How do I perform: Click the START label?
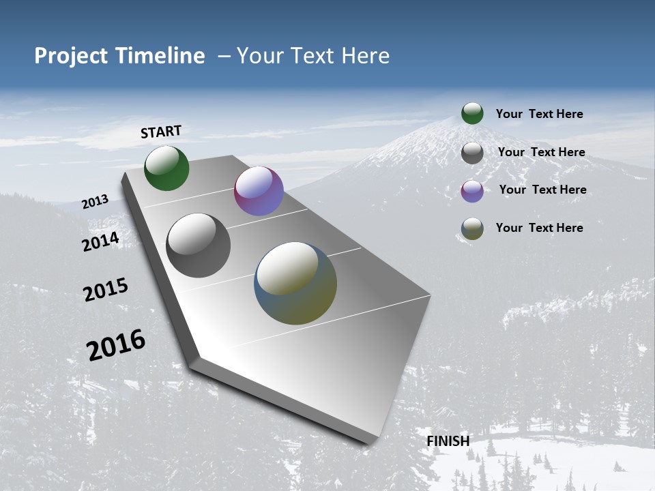(161, 132)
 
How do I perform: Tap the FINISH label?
(448, 441)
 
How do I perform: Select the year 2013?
(95, 202)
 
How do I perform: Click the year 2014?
(101, 241)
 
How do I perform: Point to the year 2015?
(106, 290)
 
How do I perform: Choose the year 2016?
(116, 345)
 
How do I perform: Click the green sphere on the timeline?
(166, 168)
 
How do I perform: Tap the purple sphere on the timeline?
(259, 191)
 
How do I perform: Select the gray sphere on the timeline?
(199, 245)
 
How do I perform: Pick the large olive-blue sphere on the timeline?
(295, 283)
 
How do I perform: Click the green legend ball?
(472, 114)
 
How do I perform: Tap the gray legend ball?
(472, 153)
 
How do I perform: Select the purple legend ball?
(472, 191)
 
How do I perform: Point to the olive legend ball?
(472, 228)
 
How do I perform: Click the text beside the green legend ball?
(539, 114)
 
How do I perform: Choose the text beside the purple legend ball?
(542, 190)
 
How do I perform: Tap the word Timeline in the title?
(160, 56)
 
